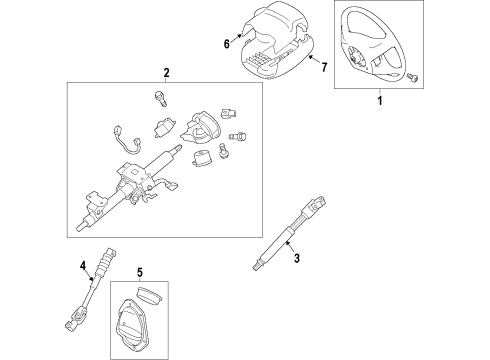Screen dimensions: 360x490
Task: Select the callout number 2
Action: tap(165, 72)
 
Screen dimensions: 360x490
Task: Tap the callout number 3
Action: tap(296, 259)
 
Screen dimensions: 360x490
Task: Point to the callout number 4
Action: tap(82, 265)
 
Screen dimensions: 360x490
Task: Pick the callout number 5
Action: tap(139, 272)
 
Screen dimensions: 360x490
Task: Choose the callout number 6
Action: tap(226, 43)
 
